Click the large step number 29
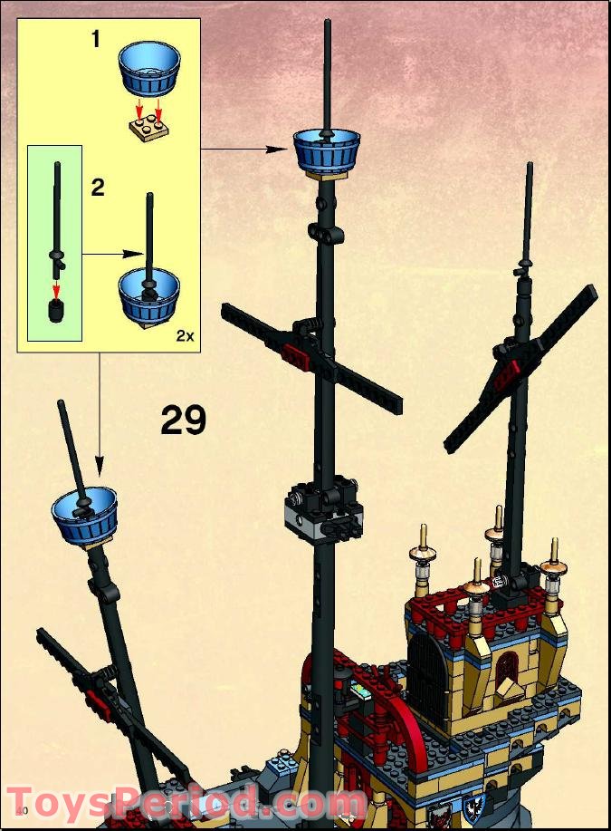click(x=184, y=420)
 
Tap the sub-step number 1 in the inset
click(x=95, y=39)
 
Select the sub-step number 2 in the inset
click(x=98, y=188)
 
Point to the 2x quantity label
click(x=185, y=335)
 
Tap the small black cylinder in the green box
click(x=57, y=313)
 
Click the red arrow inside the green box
click(x=56, y=289)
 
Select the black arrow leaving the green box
click(x=114, y=255)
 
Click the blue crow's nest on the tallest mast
click(x=327, y=150)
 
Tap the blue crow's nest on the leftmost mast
click(x=85, y=515)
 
